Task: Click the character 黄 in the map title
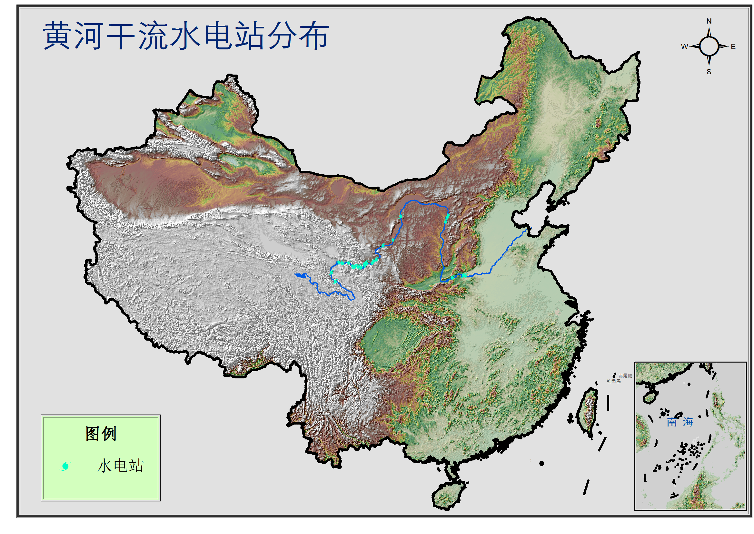point(56,36)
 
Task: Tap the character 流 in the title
point(153,36)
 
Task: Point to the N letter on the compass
point(709,21)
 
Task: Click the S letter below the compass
point(709,72)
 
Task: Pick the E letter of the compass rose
point(733,47)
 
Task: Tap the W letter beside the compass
point(684,47)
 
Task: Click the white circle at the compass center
point(709,46)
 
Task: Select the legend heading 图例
point(101,434)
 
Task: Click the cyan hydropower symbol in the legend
point(65,466)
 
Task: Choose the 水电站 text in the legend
point(120,466)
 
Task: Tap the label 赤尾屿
point(625,376)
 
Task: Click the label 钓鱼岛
point(614,381)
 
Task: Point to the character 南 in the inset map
point(671,422)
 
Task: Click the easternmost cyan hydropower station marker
point(464,275)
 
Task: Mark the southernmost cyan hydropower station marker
point(335,282)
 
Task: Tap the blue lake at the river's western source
point(299,275)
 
